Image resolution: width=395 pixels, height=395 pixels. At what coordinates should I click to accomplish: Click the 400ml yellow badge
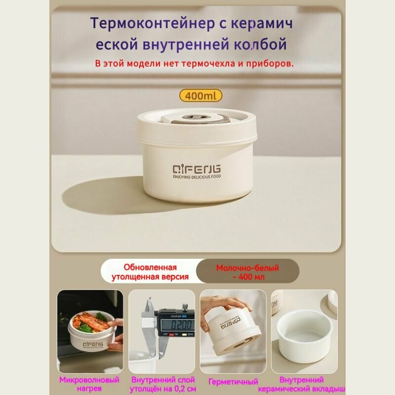[200, 95]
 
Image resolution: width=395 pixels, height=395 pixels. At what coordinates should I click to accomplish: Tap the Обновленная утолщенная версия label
[156, 272]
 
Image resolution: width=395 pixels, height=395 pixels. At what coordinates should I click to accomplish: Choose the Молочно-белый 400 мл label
[247, 272]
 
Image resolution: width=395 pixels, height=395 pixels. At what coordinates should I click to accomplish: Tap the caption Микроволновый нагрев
[89, 385]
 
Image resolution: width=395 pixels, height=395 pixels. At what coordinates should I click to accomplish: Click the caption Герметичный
[234, 382]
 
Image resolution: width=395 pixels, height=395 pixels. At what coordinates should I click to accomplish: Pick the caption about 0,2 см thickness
[163, 385]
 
